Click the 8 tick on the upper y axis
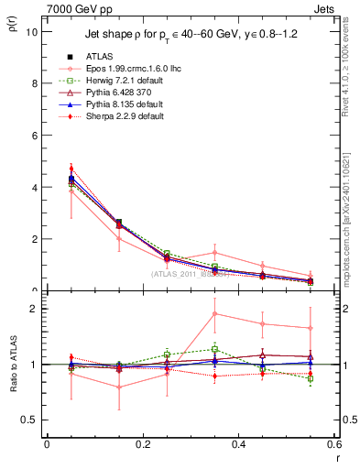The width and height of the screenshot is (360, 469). tap(34, 83)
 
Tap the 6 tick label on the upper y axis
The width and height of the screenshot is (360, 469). tap(34, 136)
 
